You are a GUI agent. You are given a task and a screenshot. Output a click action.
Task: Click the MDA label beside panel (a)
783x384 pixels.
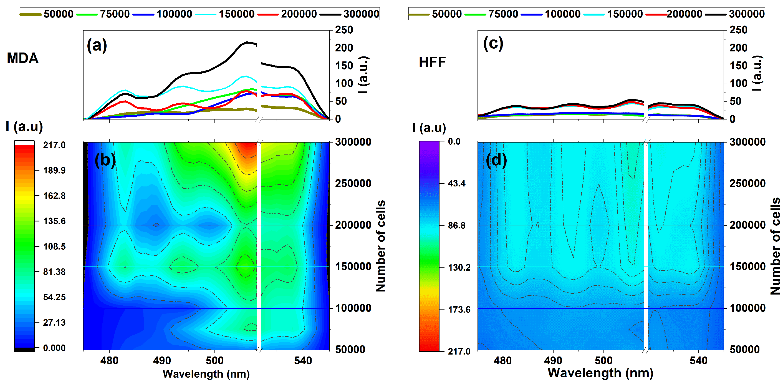(x=22, y=58)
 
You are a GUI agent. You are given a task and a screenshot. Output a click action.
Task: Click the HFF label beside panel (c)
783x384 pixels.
(x=432, y=62)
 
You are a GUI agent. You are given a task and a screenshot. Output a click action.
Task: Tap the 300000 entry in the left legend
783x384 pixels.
(x=361, y=14)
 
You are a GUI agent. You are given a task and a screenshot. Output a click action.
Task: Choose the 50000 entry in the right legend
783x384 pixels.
(x=446, y=14)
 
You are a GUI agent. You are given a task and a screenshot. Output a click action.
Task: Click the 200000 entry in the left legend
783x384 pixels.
(x=299, y=14)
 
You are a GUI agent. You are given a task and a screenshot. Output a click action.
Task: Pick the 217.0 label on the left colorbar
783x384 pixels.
(x=54, y=145)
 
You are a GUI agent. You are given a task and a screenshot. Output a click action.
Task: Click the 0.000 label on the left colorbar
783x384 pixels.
(x=54, y=348)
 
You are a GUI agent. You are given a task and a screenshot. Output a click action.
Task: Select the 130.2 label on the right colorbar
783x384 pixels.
(x=459, y=268)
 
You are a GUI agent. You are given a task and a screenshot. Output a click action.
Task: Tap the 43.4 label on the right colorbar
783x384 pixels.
(x=456, y=183)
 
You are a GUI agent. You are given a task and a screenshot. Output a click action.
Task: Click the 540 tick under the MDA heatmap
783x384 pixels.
(x=303, y=361)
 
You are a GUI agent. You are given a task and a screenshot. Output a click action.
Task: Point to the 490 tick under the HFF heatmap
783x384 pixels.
(x=553, y=361)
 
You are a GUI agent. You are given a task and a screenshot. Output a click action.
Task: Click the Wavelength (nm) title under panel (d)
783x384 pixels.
(x=600, y=373)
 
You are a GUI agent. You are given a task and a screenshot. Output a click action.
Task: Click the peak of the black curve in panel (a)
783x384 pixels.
(x=249, y=42)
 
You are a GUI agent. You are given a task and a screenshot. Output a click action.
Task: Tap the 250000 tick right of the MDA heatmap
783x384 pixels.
(x=353, y=183)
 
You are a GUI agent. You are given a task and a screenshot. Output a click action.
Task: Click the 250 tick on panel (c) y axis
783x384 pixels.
(x=738, y=30)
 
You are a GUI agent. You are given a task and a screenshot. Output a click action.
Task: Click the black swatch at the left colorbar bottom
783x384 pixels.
(x=24, y=350)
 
